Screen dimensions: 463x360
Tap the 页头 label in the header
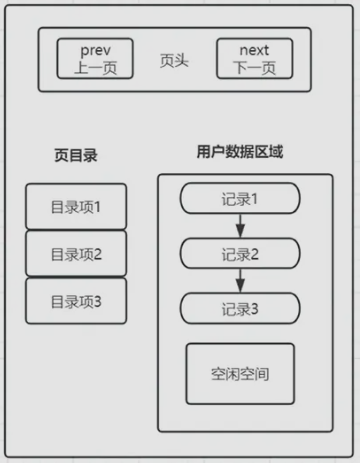(x=175, y=60)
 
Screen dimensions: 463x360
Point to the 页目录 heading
(x=76, y=156)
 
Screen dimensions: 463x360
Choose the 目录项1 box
(x=76, y=207)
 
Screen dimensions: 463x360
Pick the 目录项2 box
(x=76, y=254)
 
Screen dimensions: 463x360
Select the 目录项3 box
(x=76, y=301)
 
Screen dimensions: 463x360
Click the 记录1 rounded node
(x=240, y=198)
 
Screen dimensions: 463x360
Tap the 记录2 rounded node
(x=240, y=253)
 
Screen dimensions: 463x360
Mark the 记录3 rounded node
(x=240, y=307)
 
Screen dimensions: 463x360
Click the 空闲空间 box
(x=240, y=375)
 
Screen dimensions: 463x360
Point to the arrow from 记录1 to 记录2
(x=240, y=225)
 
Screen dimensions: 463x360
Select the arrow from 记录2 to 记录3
(x=240, y=280)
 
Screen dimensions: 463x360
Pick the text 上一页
(x=95, y=69)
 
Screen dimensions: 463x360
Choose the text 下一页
(x=255, y=69)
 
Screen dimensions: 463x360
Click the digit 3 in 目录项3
(x=98, y=301)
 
